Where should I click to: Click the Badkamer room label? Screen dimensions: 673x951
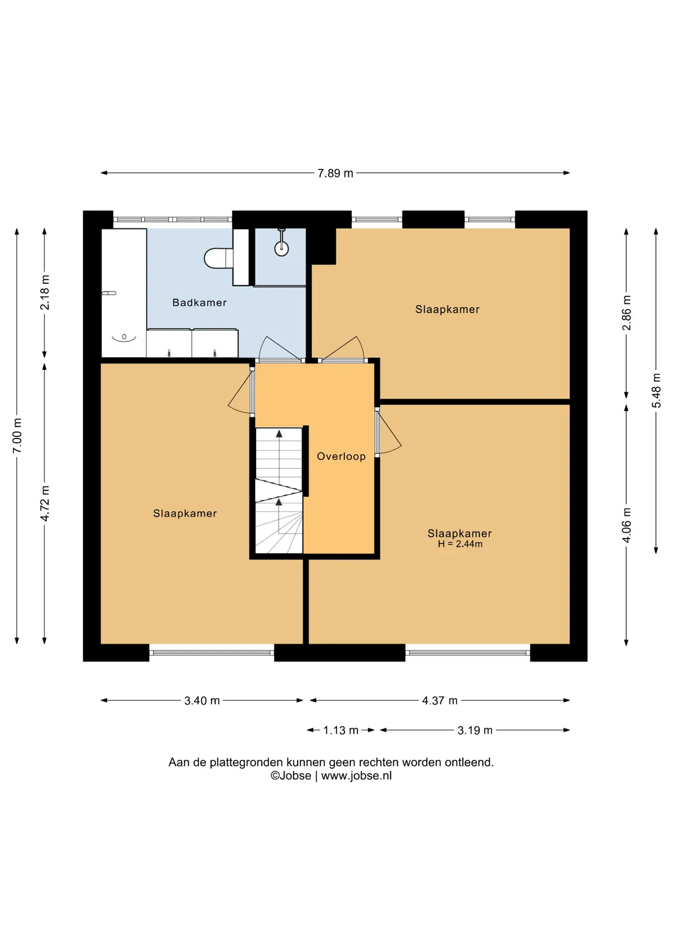[x=199, y=303]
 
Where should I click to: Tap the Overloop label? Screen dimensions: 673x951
[x=341, y=456]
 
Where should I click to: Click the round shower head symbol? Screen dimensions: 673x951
[x=281, y=249]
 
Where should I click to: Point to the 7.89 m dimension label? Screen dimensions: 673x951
[x=336, y=173]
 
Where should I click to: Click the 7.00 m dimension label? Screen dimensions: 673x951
[x=17, y=435]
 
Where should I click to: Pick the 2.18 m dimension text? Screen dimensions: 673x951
[x=45, y=292]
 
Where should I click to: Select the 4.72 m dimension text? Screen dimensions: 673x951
[x=45, y=503]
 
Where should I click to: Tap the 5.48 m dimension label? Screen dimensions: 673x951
[x=656, y=391]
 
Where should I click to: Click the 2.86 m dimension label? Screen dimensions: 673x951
[x=626, y=313]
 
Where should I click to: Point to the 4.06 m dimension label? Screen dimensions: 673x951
[x=626, y=525]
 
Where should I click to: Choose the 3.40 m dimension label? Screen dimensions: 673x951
[x=202, y=700]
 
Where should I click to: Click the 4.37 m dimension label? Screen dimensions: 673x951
[x=440, y=700]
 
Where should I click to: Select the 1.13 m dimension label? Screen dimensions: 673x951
[x=341, y=730]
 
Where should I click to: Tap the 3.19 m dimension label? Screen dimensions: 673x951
[x=475, y=730]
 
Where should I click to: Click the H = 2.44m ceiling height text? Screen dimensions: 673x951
[x=460, y=544]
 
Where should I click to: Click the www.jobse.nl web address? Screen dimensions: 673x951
[x=356, y=776]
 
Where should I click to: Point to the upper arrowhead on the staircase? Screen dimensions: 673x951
[x=279, y=434]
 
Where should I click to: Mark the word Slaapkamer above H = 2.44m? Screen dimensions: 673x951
[x=460, y=533]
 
